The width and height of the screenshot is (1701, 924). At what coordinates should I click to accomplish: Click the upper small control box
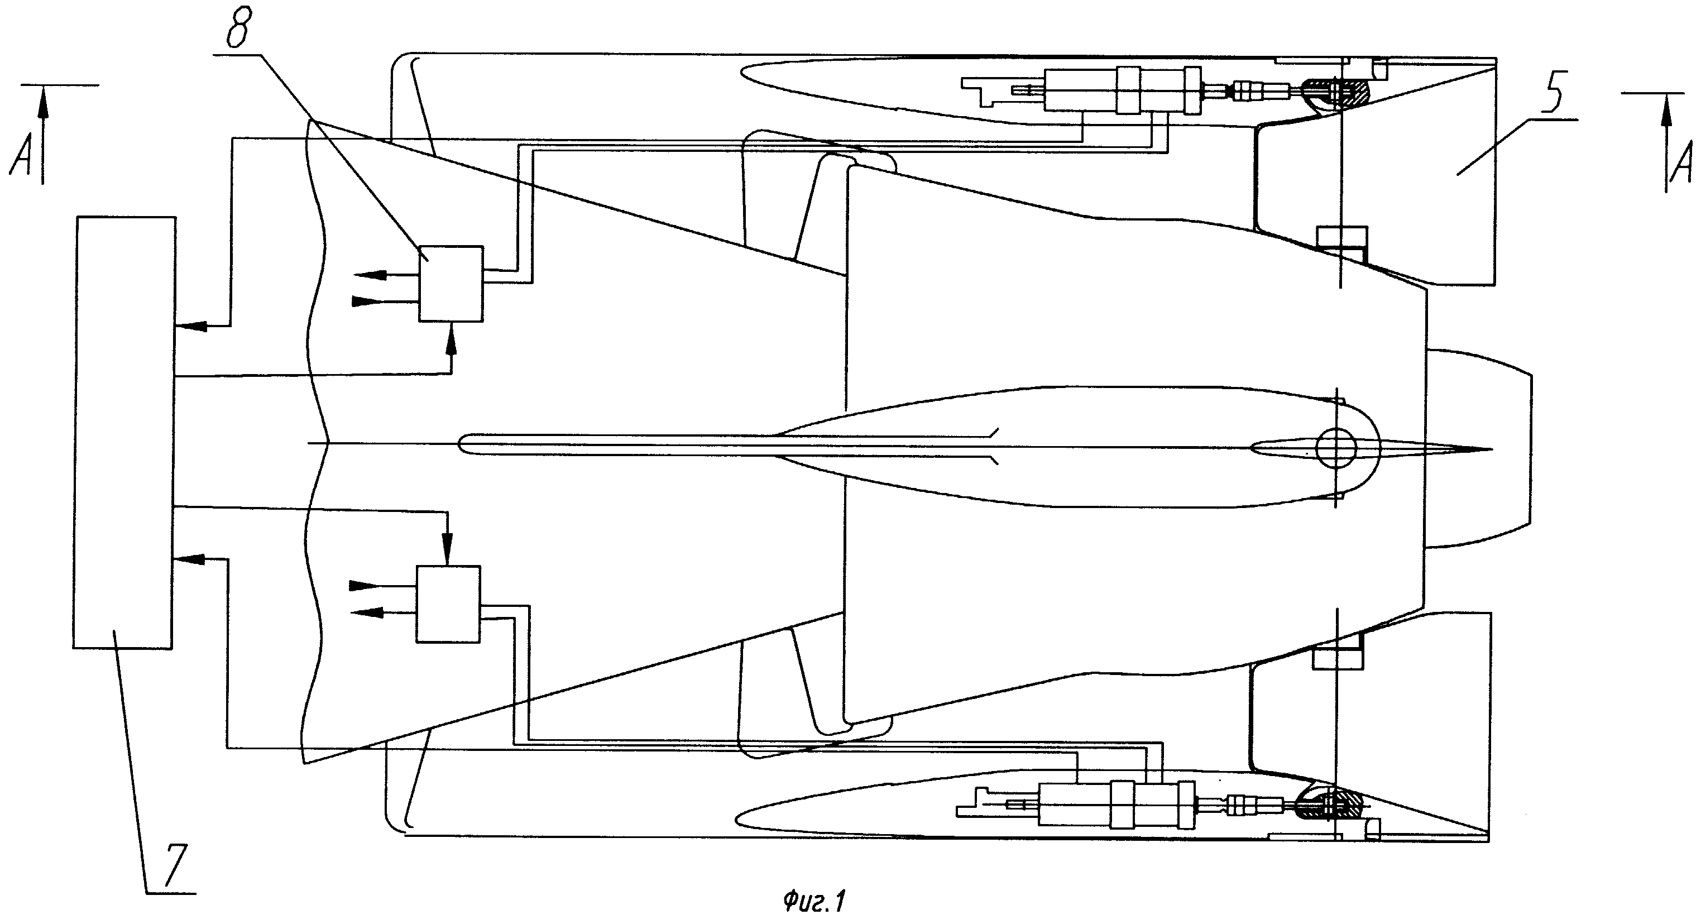point(451,284)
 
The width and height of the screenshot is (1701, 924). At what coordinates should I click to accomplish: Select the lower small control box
point(448,604)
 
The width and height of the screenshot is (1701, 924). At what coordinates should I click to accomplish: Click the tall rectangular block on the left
point(124,432)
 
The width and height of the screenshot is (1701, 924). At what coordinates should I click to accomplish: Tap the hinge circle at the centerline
point(1336,447)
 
